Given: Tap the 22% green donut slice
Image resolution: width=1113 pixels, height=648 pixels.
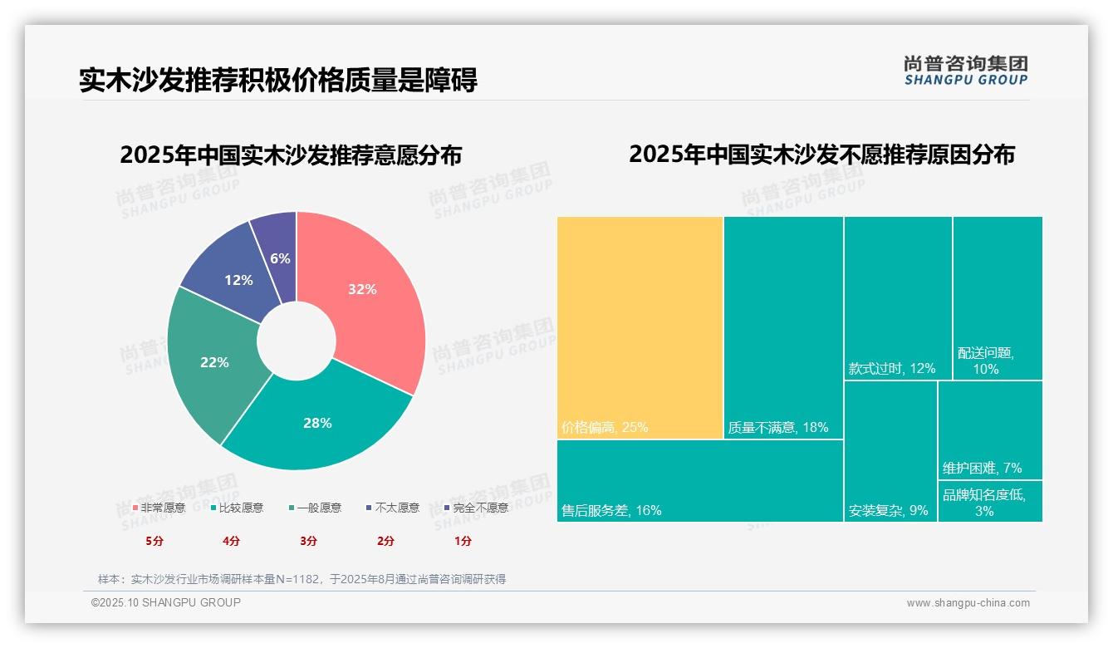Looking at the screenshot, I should tap(214, 362).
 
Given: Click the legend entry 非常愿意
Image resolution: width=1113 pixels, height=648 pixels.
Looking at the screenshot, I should tap(159, 508).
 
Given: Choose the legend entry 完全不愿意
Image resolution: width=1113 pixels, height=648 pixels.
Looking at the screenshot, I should tap(476, 508).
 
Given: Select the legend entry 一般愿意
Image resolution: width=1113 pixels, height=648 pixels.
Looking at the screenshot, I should tap(315, 508).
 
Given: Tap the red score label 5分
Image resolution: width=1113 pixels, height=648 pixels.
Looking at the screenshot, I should tap(154, 541).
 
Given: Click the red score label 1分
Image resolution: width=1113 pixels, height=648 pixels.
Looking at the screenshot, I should tap(463, 541).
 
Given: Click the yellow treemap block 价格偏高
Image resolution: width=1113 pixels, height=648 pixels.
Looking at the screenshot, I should tap(640, 327).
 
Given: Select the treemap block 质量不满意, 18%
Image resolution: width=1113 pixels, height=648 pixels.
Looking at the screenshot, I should tap(783, 327).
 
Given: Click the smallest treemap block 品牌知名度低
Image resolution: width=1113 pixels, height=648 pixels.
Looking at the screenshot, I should tap(990, 502).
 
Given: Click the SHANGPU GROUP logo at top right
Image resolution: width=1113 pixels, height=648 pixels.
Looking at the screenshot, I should tap(965, 71).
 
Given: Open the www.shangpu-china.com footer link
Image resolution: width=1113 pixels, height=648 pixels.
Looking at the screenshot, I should tap(968, 603).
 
